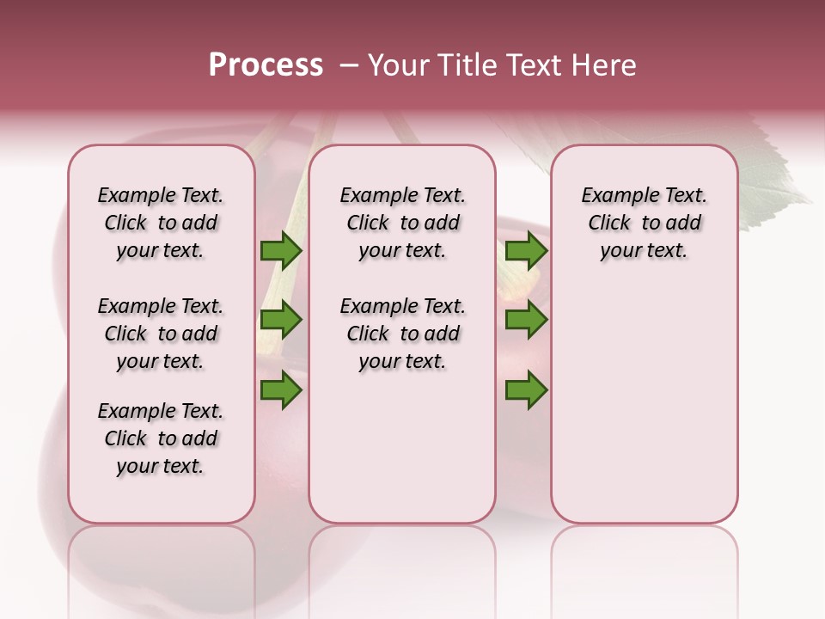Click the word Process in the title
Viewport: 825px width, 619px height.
click(266, 65)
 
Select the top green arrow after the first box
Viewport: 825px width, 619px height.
click(281, 250)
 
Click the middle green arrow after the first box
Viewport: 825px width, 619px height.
click(281, 320)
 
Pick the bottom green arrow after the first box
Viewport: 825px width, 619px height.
click(281, 390)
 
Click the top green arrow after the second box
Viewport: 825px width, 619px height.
click(526, 250)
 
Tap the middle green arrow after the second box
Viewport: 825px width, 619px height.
click(526, 320)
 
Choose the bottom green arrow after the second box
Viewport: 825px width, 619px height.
click(526, 390)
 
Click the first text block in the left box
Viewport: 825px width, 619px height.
click(161, 223)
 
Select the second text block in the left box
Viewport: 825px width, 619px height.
click(161, 334)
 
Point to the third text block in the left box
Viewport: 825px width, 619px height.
click(161, 438)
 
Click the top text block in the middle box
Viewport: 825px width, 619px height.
click(402, 223)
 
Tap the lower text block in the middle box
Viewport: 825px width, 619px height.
click(402, 334)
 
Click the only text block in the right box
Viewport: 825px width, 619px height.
click(644, 223)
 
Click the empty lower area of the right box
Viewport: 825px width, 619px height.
click(644, 404)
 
